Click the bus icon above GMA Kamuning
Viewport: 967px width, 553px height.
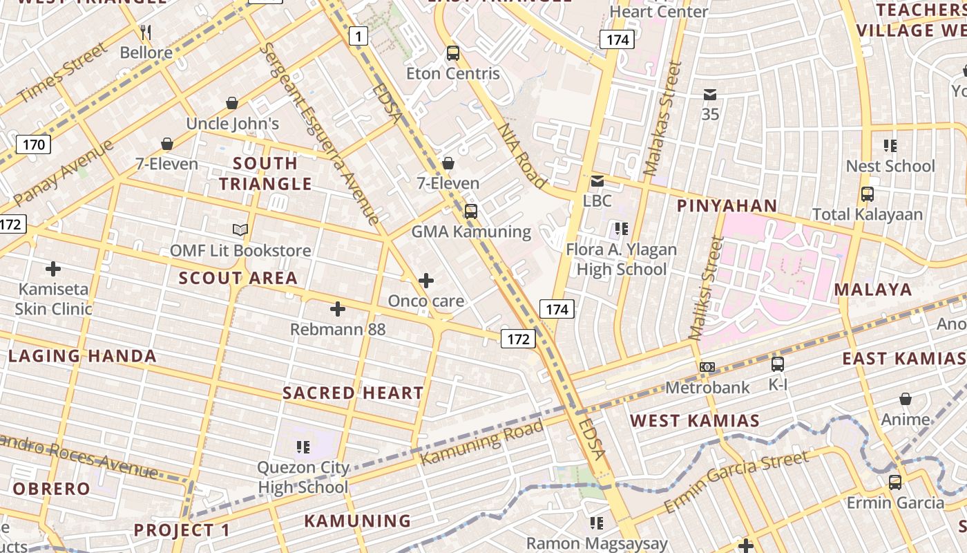tap(470, 212)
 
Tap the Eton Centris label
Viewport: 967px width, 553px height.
tap(452, 73)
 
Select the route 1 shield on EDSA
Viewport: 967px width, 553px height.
tap(358, 36)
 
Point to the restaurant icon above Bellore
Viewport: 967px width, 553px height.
tap(146, 32)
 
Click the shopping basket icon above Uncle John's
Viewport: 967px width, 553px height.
tap(232, 103)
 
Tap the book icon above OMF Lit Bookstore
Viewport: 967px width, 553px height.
tap(240, 230)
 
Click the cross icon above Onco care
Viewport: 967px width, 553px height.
tap(426, 281)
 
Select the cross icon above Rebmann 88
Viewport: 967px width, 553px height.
tap(337, 309)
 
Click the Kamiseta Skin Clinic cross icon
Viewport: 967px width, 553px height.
tap(53, 268)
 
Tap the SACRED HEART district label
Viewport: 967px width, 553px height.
tap(353, 393)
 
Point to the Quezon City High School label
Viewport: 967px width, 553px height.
tap(303, 477)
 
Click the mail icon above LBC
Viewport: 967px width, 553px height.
tap(597, 181)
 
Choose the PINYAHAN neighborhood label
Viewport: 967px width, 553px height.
tap(727, 206)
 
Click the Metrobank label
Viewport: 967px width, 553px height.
tap(707, 387)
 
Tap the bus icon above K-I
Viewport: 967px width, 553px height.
tap(777, 364)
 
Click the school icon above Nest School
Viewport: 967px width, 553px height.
tap(890, 145)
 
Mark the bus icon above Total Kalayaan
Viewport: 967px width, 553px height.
tap(867, 194)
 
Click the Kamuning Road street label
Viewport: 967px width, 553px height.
tap(481, 442)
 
